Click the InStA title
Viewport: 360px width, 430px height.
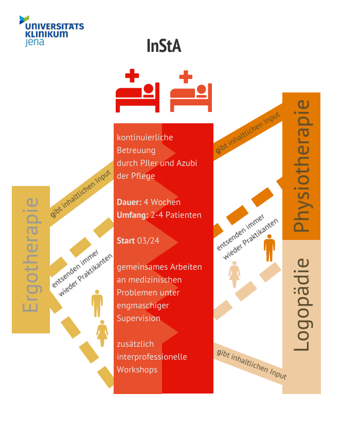coord(164,46)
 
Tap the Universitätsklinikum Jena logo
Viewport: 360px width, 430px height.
coord(51,31)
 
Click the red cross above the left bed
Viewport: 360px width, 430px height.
coord(132,76)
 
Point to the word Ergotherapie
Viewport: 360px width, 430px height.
coord(30,255)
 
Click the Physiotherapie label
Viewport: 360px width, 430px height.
coord(301,166)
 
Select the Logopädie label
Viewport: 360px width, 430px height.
coord(301,305)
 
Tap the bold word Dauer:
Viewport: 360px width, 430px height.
coord(129,202)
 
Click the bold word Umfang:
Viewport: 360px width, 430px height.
coord(133,215)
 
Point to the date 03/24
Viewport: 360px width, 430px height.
coord(148,240)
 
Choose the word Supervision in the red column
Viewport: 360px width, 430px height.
coord(138,318)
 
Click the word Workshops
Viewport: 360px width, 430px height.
coord(137,369)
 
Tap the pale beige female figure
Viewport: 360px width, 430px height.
coord(234,274)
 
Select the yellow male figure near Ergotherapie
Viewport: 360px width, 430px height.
coord(97,303)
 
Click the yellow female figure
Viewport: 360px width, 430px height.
coord(102,333)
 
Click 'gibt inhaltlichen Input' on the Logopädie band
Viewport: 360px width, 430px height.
coord(251,364)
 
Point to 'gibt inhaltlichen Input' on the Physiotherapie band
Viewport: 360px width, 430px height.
coord(248,133)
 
